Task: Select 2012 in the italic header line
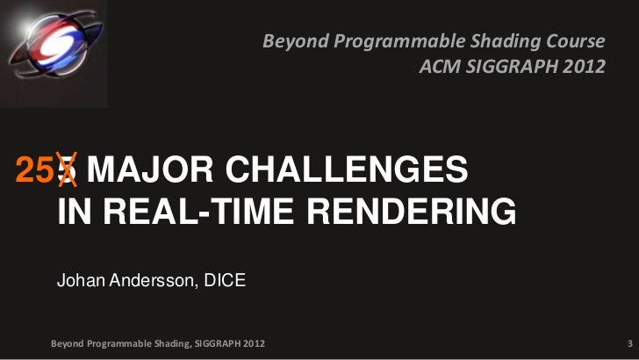(x=583, y=66)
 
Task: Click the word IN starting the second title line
(x=74, y=213)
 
